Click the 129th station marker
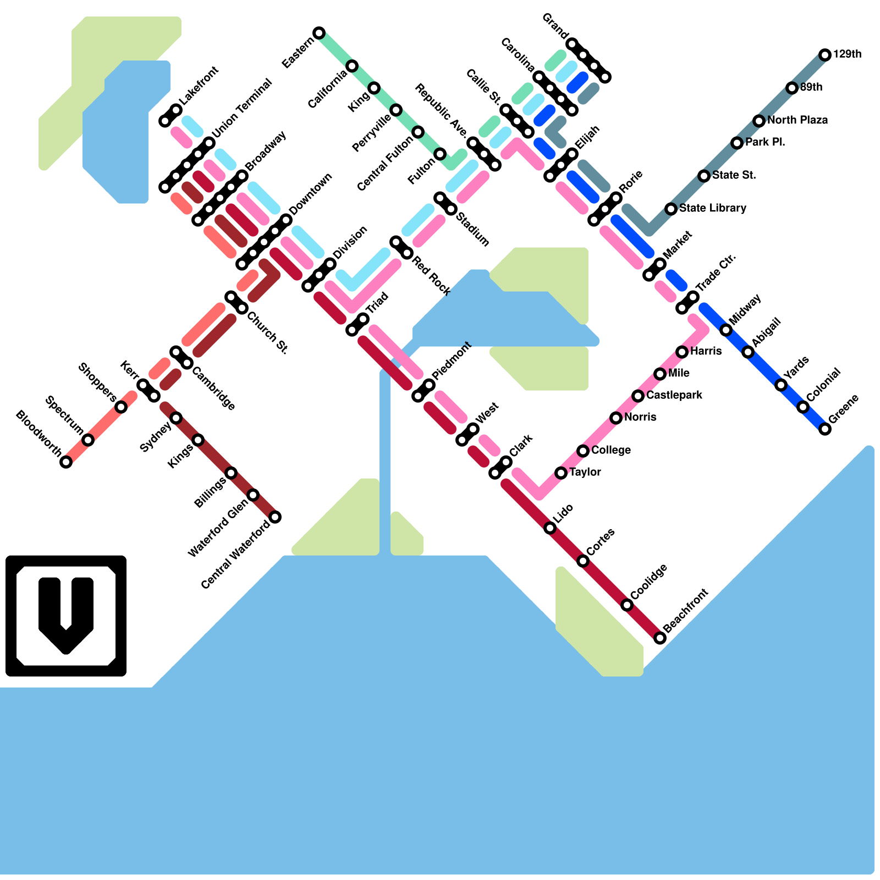(x=824, y=54)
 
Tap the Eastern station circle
(x=319, y=33)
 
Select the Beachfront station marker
(x=660, y=638)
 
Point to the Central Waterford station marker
(x=275, y=517)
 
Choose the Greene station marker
(x=825, y=429)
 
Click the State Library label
(x=713, y=208)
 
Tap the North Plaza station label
(x=798, y=120)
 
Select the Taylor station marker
(x=561, y=473)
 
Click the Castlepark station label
(x=674, y=395)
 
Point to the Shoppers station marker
(x=121, y=407)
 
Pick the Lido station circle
(x=550, y=528)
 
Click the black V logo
(x=66, y=615)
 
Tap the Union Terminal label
(x=242, y=108)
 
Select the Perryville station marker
(x=396, y=110)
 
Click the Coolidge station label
(x=649, y=581)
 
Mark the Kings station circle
(x=198, y=440)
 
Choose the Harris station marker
(x=682, y=352)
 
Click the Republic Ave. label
(x=442, y=111)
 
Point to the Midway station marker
(x=726, y=330)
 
